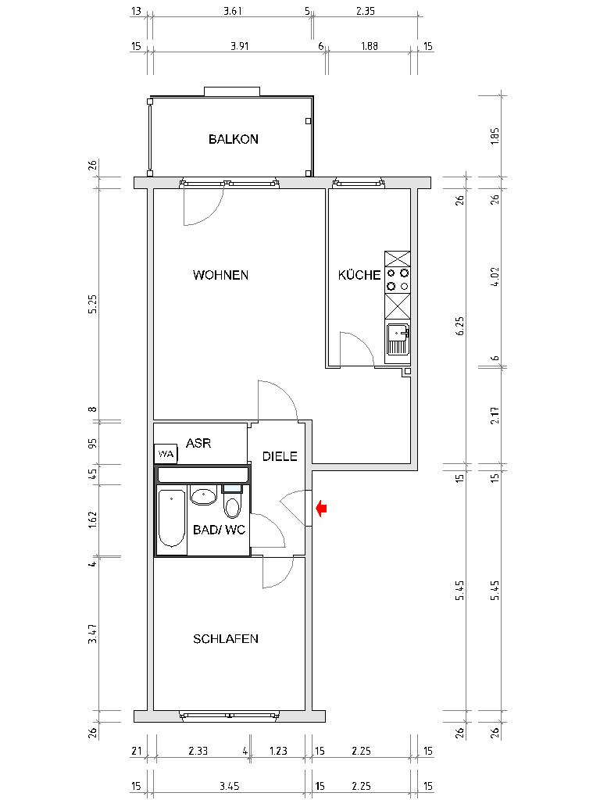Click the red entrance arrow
tap(321, 509)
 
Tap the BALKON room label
tap(233, 139)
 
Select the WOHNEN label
tap(220, 275)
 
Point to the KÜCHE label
tap(359, 275)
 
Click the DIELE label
tap(280, 456)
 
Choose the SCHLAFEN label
tap(226, 638)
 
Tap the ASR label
tap(198, 443)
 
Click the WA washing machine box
tap(165, 454)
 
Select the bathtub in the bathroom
tap(172, 519)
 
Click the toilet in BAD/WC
tap(233, 505)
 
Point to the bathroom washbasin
tap(205, 495)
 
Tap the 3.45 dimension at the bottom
tap(229, 785)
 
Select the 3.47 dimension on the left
tap(92, 634)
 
